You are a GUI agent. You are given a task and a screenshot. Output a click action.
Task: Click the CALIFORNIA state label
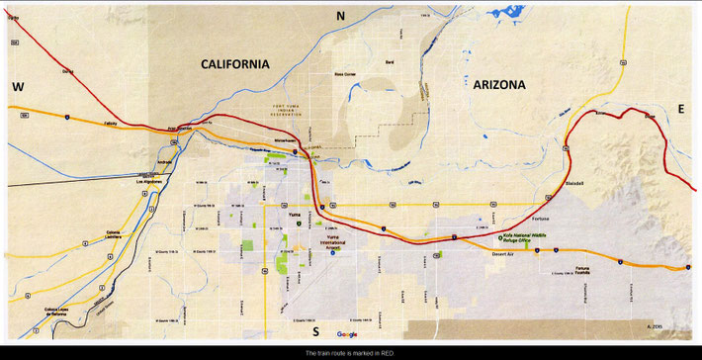(x=234, y=63)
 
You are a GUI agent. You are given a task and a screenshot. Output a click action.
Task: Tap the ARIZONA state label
(x=490, y=85)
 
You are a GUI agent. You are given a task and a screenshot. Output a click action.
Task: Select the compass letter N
(x=339, y=15)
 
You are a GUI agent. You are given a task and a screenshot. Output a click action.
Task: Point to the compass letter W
(x=18, y=87)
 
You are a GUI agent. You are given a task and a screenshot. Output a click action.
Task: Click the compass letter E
(x=680, y=106)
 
